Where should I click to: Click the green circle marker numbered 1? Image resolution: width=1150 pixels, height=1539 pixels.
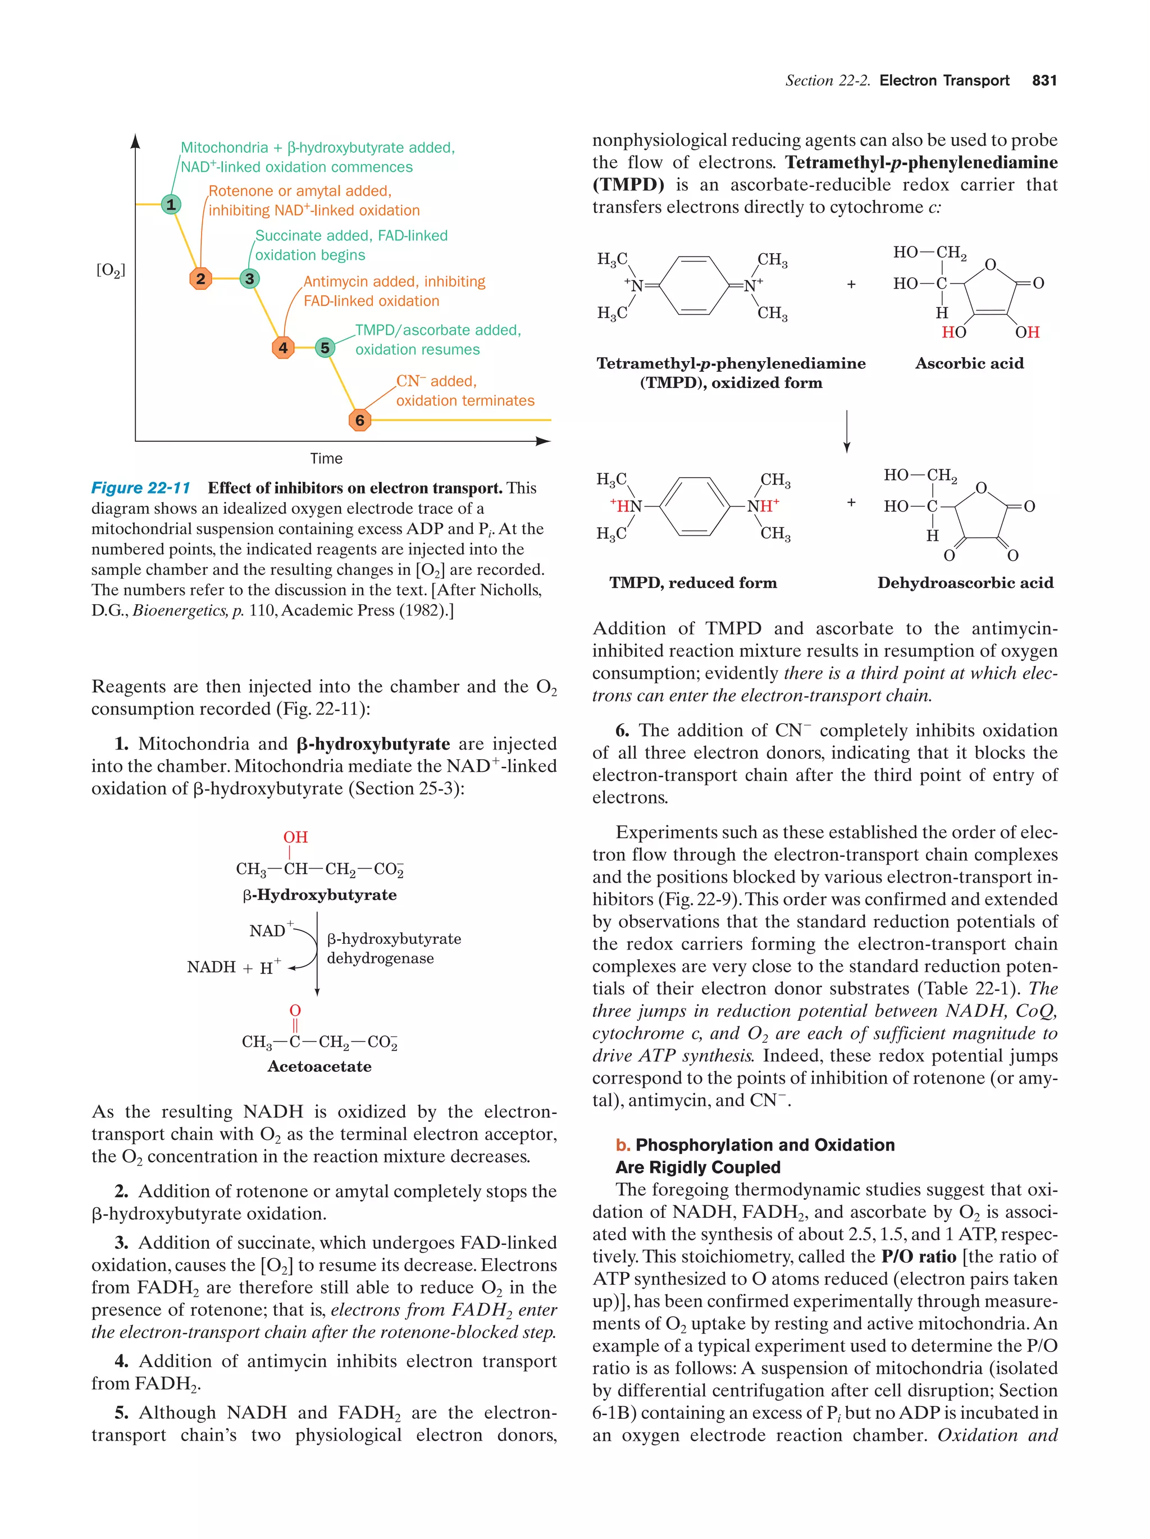pos(171,204)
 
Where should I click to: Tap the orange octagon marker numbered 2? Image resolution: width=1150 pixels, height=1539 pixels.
pos(200,278)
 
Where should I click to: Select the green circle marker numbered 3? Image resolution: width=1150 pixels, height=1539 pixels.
pos(249,278)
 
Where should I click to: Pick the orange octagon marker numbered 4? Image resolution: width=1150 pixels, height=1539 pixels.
pos(282,347)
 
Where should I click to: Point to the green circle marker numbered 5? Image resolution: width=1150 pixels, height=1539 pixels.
pos(324,347)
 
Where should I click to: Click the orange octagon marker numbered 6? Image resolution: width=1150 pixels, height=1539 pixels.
pos(359,419)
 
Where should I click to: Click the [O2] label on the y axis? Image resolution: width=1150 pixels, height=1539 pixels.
pos(111,270)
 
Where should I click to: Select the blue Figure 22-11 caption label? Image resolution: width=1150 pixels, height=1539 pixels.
pos(140,488)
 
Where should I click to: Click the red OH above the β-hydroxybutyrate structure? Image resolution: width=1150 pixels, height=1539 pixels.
pos(295,837)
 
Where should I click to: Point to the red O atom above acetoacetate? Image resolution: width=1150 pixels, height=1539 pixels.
pos(295,1010)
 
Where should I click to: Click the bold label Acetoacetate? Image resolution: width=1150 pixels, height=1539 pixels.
pos(320,1067)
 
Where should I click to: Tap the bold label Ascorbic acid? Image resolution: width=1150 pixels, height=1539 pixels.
pos(969,363)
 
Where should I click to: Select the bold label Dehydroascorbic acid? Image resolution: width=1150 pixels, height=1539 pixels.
pos(964,583)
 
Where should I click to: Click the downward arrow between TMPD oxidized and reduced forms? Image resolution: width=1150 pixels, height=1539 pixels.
pos(846,431)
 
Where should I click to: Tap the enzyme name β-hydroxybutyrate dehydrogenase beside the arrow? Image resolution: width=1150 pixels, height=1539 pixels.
pos(393,948)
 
